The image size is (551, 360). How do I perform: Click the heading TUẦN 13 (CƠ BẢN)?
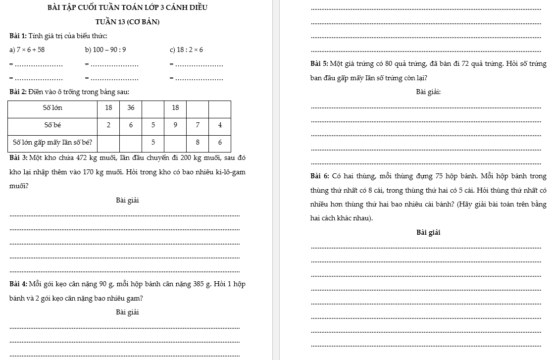coord(127,22)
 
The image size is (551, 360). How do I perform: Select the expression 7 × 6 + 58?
coord(30,50)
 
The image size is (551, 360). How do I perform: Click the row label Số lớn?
coord(53,108)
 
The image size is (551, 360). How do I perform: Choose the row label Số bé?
coord(53,125)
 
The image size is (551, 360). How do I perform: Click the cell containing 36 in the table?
coord(131,108)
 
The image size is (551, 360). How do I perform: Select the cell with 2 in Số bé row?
coord(109,125)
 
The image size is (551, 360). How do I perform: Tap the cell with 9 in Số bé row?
coord(175,125)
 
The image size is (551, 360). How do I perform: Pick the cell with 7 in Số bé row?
coord(198,125)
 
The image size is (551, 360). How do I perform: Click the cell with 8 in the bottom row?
coord(198,143)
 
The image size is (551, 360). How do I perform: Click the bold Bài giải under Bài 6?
coord(428,232)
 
